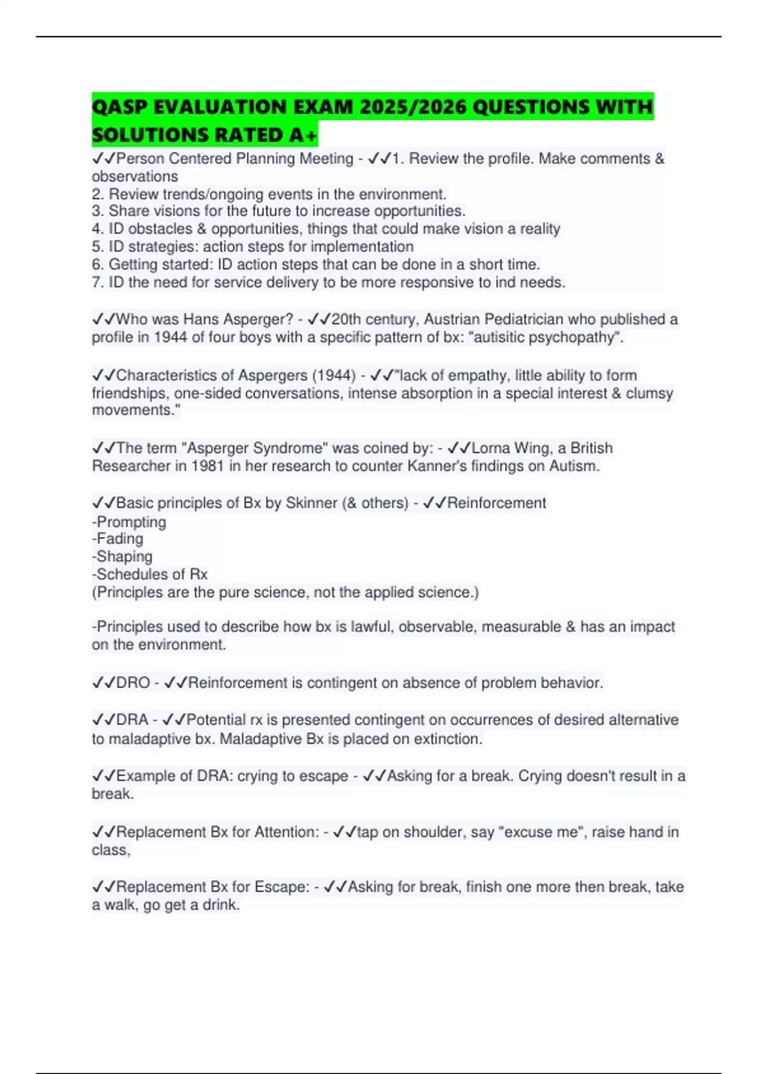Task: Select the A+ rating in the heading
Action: coord(303,135)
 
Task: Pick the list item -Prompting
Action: coord(129,522)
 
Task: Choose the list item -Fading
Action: coord(117,539)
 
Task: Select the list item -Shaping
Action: coord(122,557)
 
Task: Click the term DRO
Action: coord(133,683)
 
